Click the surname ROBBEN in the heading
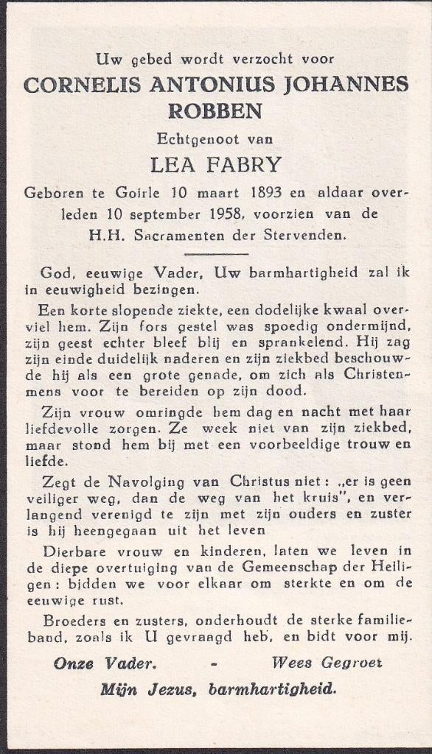215,111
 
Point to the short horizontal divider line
215,254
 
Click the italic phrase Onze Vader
105,663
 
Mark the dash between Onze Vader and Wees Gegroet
214,663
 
